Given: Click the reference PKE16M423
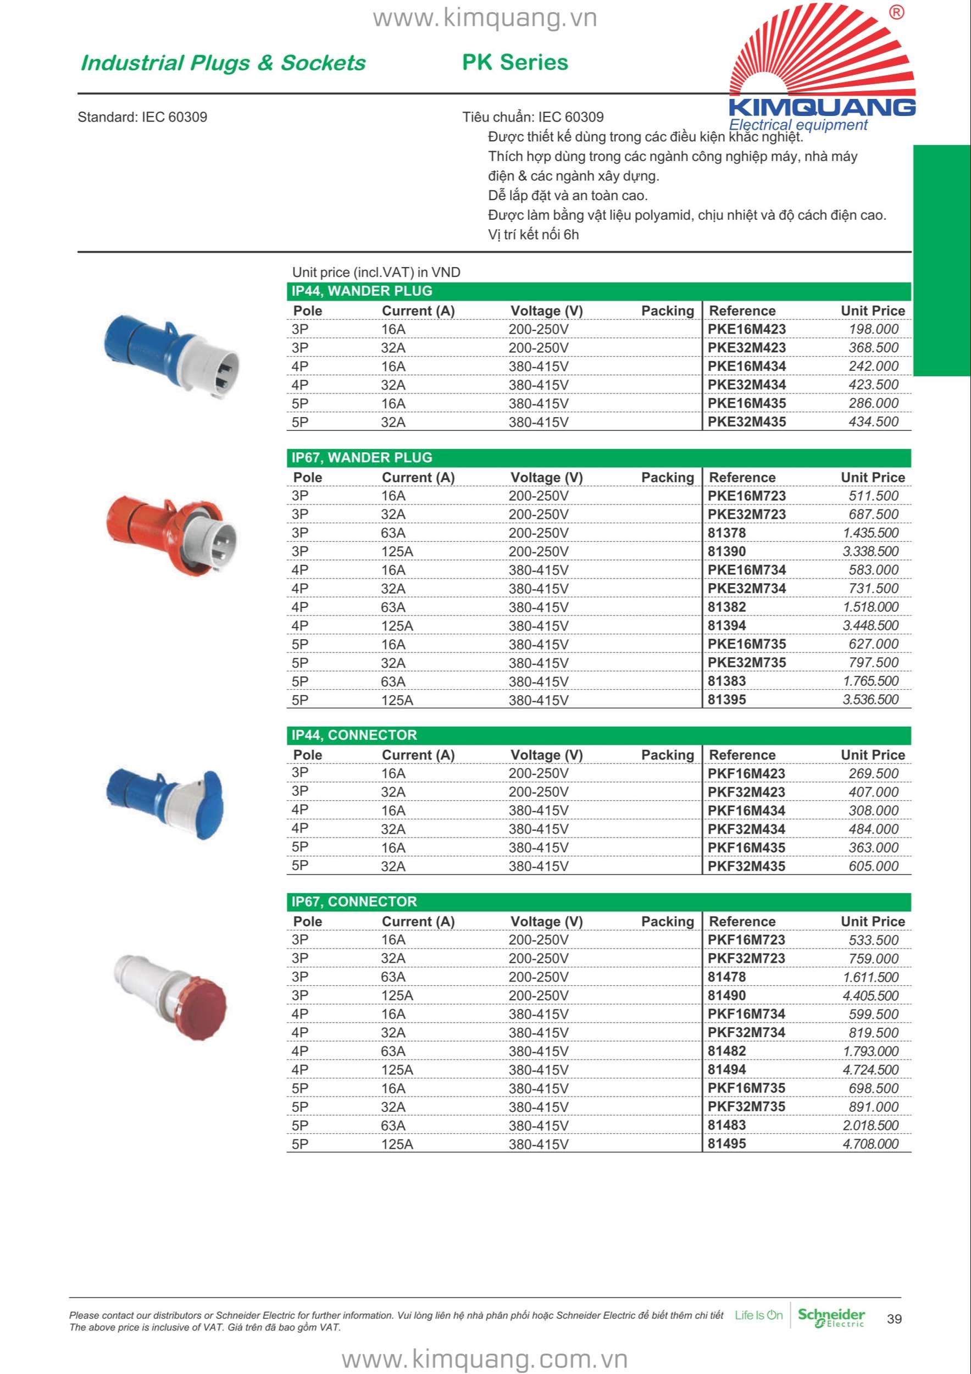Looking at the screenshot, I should (746, 329).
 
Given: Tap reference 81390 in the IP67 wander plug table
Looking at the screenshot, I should (726, 551).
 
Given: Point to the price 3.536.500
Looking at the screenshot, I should (870, 700).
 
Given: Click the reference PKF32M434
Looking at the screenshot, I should (746, 829).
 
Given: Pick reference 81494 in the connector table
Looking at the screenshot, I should (726, 1070).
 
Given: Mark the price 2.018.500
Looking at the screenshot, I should (870, 1125).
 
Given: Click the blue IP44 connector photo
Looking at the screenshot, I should (164, 802).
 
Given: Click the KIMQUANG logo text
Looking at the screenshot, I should (822, 107).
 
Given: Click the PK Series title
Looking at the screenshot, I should (514, 62).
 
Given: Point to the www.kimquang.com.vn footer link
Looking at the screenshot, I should (485, 1359).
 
